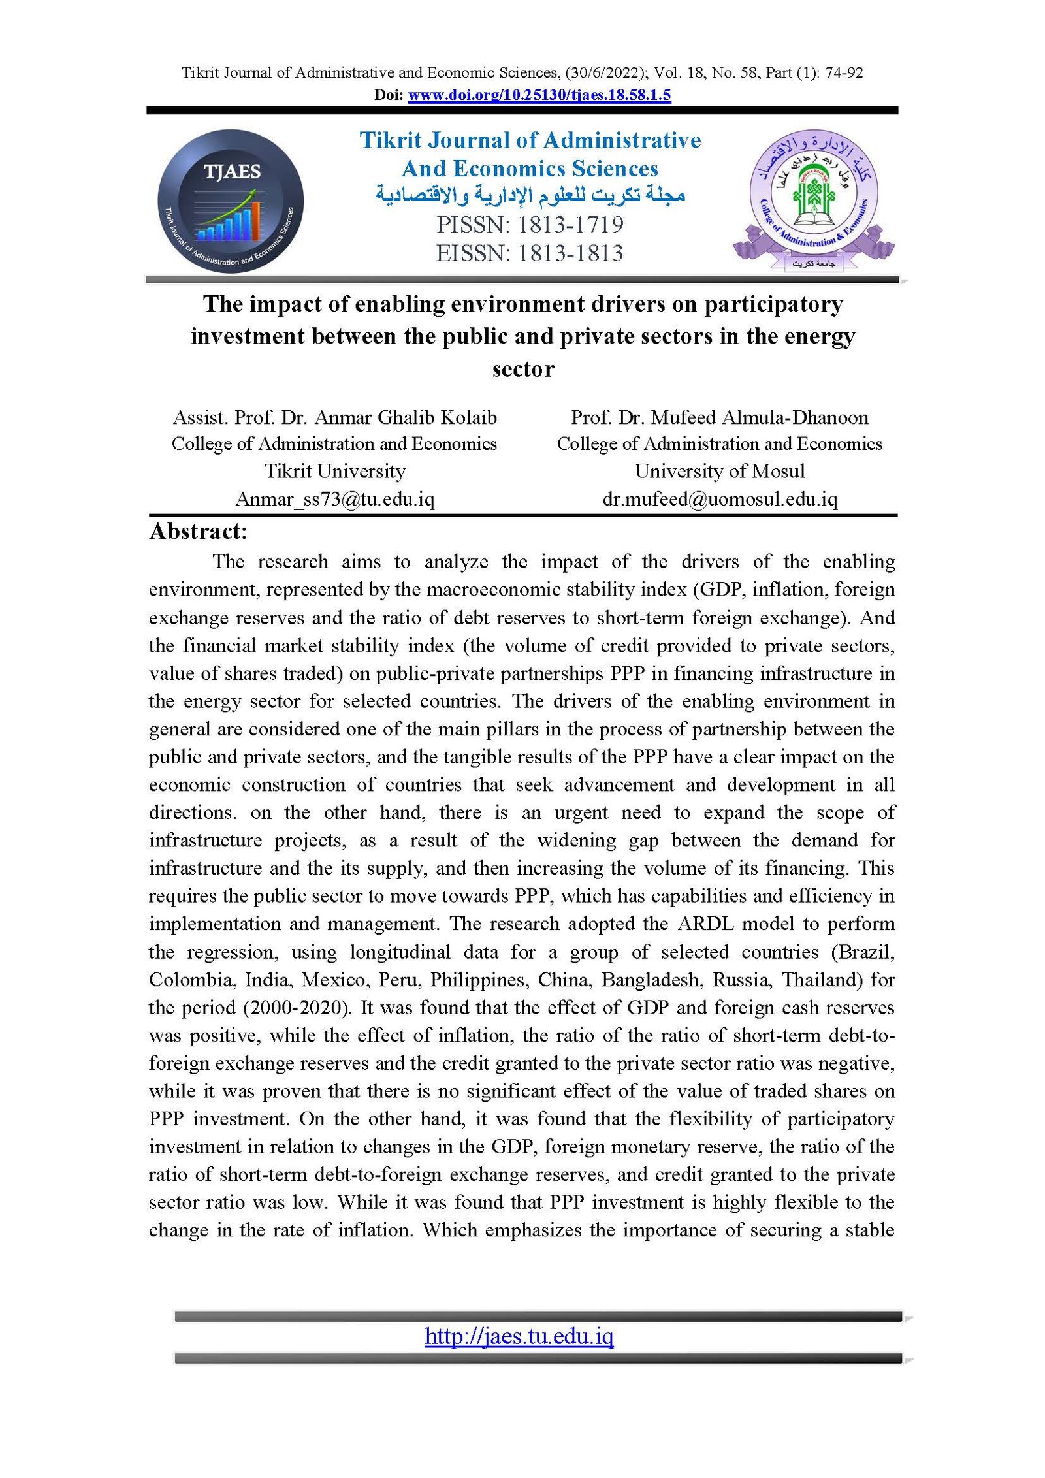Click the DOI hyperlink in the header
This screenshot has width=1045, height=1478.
coord(539,95)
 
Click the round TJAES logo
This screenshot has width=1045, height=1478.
coord(231,201)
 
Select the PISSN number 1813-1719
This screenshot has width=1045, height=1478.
coord(571,225)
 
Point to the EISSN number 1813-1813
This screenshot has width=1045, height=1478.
coord(571,253)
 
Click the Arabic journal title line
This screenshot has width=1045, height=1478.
coord(530,195)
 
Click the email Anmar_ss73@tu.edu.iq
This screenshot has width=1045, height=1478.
coord(334,499)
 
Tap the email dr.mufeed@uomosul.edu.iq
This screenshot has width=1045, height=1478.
coord(719,499)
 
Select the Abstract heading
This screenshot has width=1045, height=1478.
coord(198,532)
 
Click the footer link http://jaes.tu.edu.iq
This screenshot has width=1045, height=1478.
coord(519,1336)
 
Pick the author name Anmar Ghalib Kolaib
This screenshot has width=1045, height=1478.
coord(406,417)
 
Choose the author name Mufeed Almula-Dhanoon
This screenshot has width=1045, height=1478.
coord(760,417)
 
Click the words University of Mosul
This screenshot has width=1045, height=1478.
coord(719,471)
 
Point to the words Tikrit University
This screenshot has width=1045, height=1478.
coord(334,471)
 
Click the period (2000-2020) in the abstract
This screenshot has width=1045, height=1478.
coord(298,1007)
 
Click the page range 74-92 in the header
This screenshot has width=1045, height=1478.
coord(844,72)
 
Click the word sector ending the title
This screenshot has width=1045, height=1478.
coord(523,370)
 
